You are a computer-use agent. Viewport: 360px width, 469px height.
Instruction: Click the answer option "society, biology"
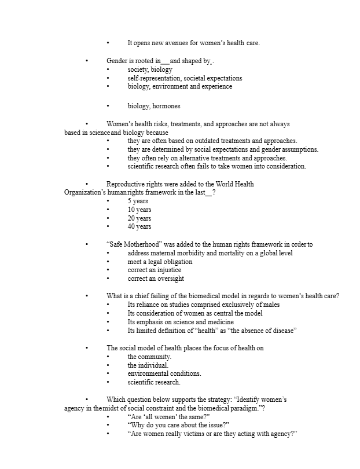point(150,69)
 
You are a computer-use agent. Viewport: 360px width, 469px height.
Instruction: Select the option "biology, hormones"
point(153,107)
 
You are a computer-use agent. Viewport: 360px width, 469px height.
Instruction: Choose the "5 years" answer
point(138,201)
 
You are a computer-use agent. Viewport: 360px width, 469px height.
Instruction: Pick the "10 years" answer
point(139,210)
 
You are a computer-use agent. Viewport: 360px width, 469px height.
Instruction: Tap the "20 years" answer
point(139,218)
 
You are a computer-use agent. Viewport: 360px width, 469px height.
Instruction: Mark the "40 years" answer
point(139,227)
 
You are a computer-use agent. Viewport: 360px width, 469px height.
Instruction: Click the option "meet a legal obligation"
point(160,262)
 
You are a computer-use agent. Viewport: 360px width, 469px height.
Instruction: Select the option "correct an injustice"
point(154,270)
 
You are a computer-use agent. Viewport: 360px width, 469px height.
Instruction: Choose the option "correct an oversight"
point(156,279)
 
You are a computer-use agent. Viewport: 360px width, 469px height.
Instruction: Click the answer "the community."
point(149,357)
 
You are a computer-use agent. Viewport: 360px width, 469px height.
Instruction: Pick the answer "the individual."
point(148,365)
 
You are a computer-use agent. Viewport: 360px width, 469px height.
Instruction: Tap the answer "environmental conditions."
point(164,374)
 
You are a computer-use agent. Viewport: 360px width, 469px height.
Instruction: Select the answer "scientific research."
point(154,382)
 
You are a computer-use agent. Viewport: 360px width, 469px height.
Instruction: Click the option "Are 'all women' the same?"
point(168,417)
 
